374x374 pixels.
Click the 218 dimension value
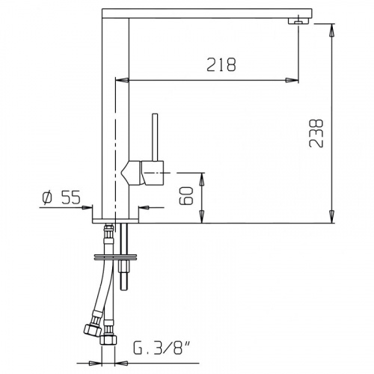(221, 65)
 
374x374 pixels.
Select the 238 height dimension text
(316, 133)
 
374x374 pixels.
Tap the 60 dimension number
(186, 196)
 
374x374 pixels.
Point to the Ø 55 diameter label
(61, 197)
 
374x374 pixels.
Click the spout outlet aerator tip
(298, 22)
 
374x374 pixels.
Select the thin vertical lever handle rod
(155, 138)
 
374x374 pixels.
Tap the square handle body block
(153, 173)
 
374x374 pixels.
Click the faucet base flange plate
(115, 221)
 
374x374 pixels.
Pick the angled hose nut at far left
(91, 330)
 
